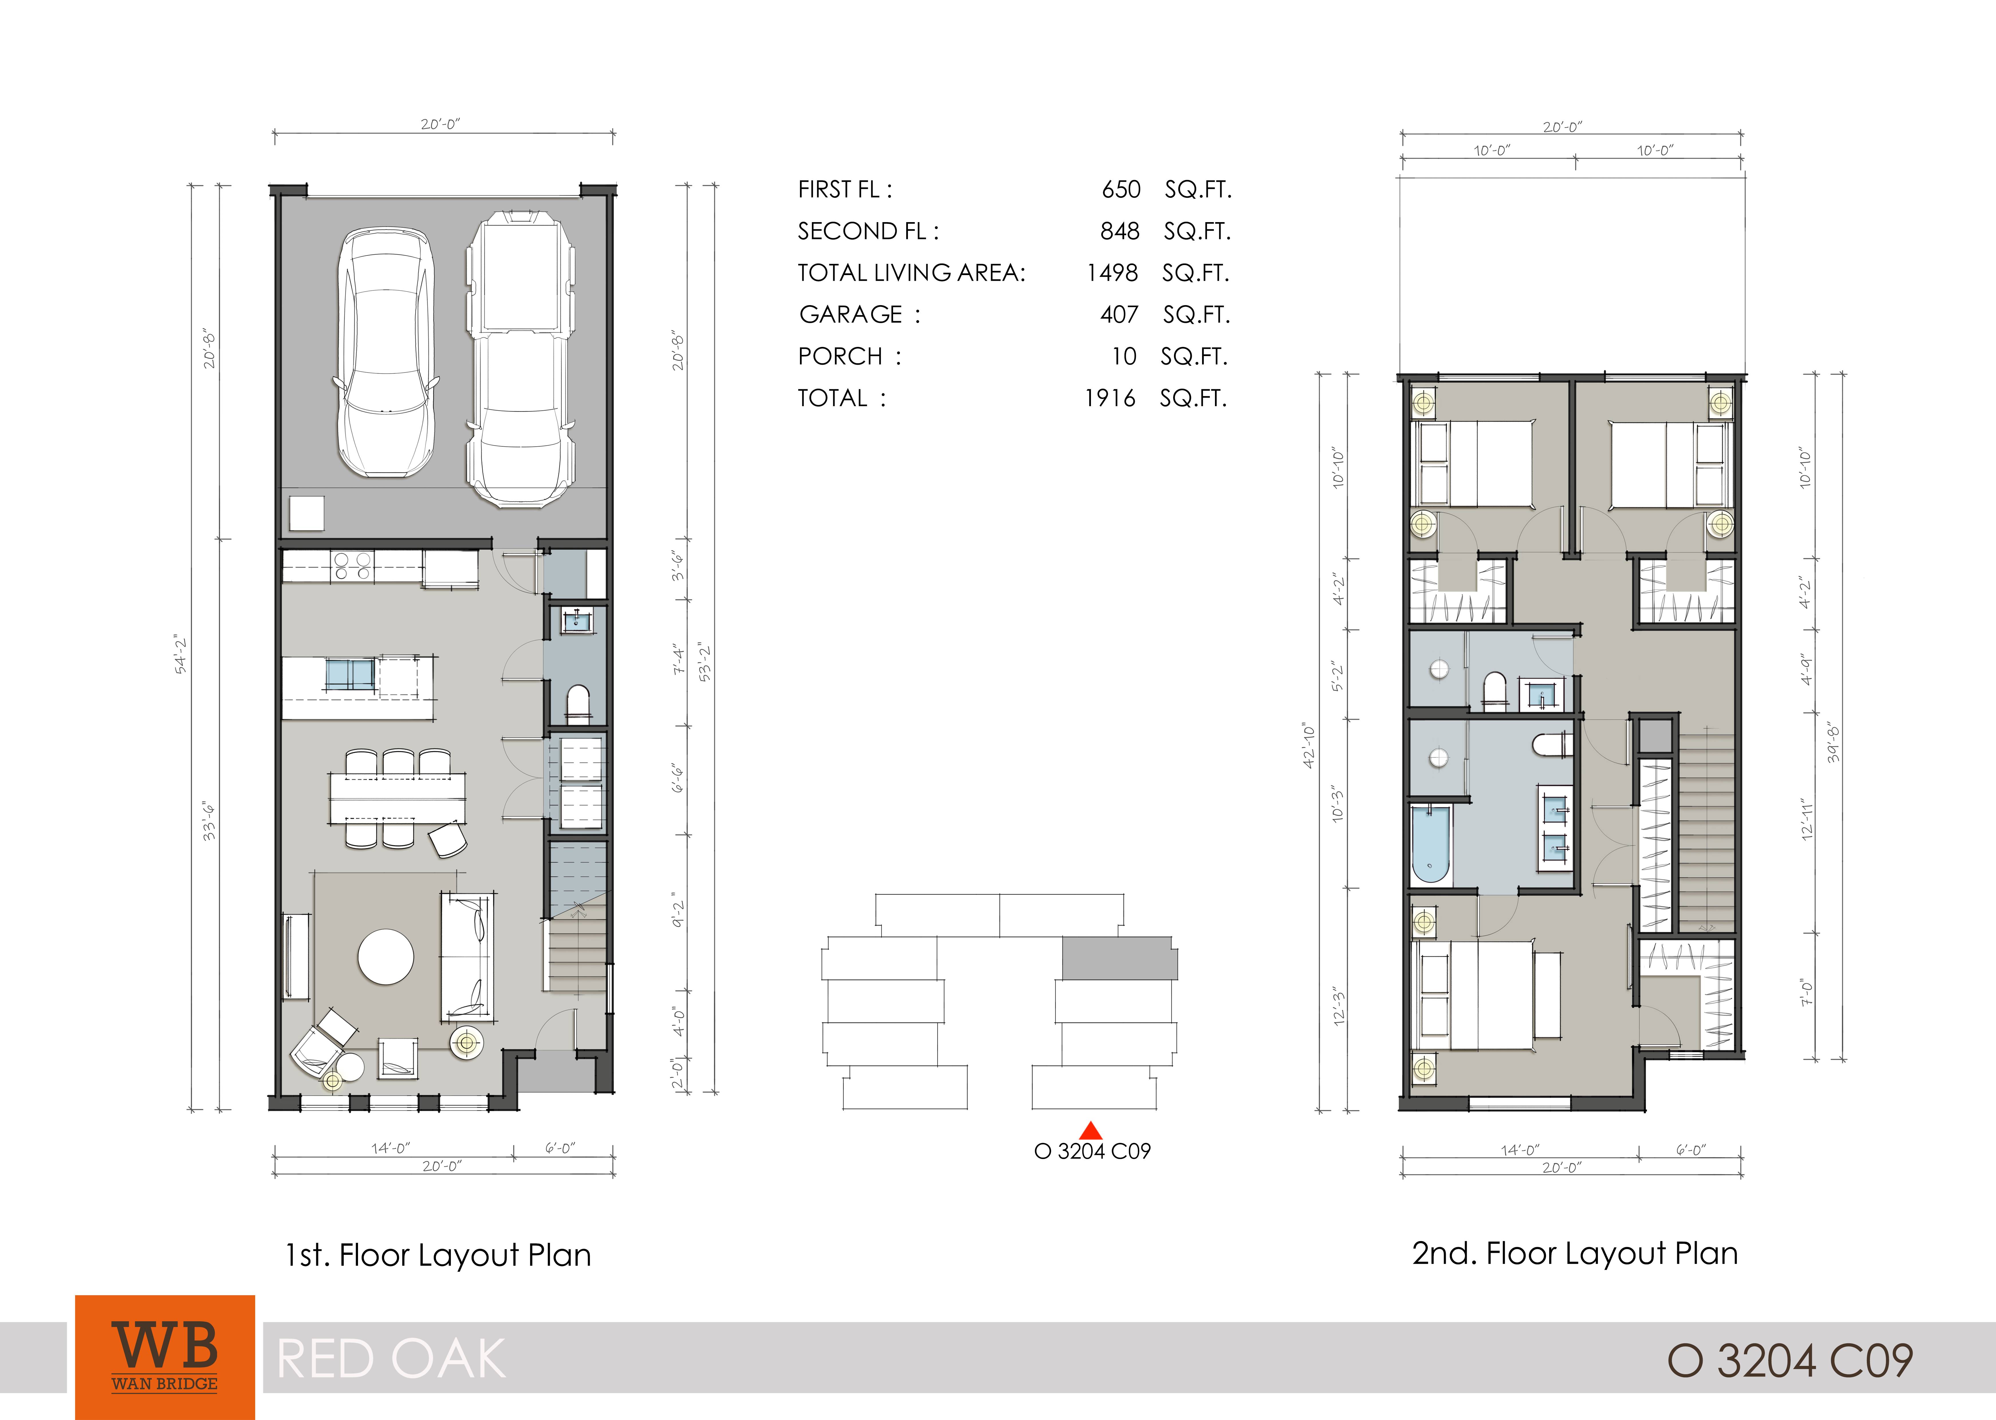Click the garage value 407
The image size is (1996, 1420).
(1120, 315)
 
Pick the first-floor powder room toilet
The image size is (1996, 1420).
(578, 705)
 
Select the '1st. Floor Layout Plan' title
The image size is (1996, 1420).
(438, 1256)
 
